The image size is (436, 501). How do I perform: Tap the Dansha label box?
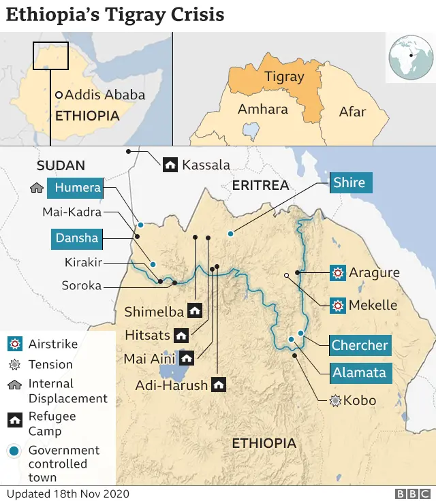point(77,238)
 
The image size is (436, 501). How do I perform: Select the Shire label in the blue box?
point(349,182)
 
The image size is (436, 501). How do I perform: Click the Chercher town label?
point(359,345)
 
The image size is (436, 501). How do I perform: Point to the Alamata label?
point(359,372)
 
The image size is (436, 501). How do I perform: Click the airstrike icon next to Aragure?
point(337,273)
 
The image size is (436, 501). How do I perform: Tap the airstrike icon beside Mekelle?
point(337,304)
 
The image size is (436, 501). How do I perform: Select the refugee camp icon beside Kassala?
point(170,164)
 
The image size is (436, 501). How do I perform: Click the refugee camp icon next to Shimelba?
point(195,311)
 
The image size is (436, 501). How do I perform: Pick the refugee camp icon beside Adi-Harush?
point(219,385)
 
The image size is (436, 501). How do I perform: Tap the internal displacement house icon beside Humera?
point(37,188)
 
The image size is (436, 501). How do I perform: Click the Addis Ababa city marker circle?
point(59,95)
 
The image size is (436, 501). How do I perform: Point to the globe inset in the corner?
point(411,56)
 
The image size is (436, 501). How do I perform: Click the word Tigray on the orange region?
point(283,76)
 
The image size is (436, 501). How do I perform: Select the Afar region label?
point(352,112)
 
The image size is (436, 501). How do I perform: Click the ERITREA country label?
point(260,185)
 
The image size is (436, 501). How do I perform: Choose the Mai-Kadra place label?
point(72,212)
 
